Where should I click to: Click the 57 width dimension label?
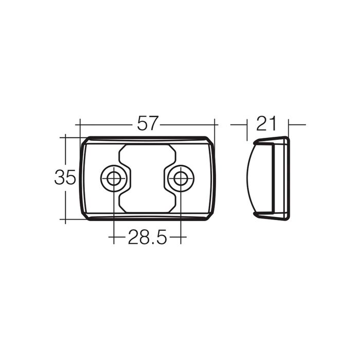[148, 123]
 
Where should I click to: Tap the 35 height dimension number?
[65, 177]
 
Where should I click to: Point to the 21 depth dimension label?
[267, 123]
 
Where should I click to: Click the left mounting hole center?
[114, 178]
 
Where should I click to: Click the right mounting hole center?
[181, 178]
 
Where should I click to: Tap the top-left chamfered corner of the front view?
[85, 140]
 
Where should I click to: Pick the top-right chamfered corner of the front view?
[209, 140]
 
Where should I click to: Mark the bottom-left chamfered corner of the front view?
[85, 217]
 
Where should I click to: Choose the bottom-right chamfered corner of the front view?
[209, 217]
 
